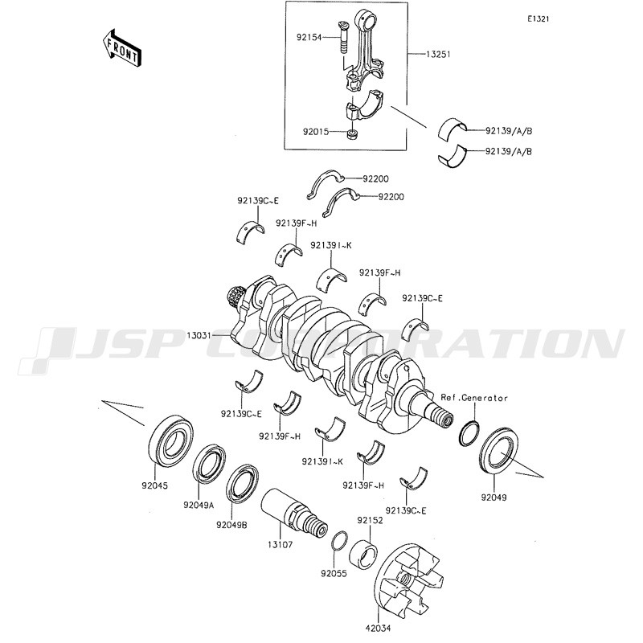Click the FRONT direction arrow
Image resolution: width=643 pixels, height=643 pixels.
[122, 47]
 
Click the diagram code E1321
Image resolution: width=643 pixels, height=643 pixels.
[539, 19]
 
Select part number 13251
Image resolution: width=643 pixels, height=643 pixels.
[438, 54]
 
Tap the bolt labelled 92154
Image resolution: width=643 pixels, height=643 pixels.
[343, 38]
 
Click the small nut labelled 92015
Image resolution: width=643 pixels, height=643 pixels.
[352, 134]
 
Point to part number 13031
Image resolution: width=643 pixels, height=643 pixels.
[199, 336]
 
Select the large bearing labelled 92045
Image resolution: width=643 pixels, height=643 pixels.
[170, 440]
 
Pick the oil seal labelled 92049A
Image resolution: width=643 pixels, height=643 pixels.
[209, 461]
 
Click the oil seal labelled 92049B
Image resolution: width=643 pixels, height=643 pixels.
[242, 483]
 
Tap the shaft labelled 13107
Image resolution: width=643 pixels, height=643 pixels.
[293, 512]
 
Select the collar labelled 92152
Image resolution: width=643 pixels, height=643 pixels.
[364, 555]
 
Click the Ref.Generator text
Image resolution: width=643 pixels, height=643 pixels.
[474, 398]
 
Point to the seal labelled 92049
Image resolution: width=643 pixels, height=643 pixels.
[498, 450]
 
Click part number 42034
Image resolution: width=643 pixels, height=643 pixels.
[378, 628]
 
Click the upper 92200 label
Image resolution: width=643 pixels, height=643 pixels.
[375, 178]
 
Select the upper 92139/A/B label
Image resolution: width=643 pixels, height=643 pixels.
[509, 131]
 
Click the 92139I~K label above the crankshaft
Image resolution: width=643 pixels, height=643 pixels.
[331, 246]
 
